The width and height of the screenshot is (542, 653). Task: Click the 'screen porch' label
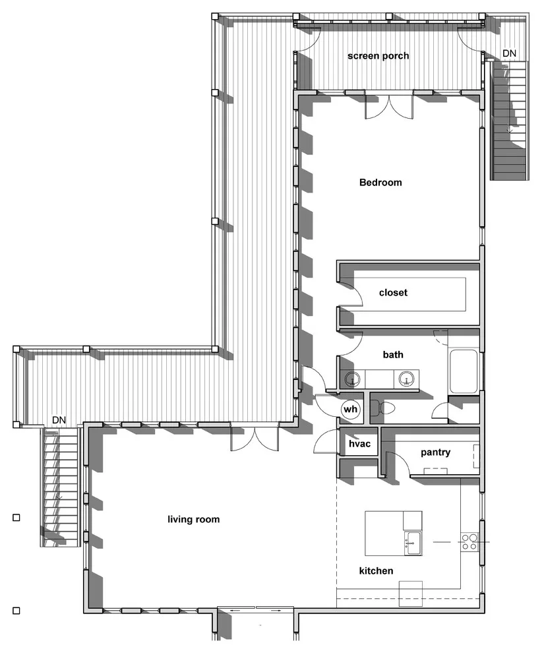(x=378, y=56)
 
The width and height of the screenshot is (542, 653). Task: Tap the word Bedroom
(x=380, y=183)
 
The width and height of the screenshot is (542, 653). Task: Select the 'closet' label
(x=393, y=293)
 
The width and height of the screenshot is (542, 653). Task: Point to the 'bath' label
(x=393, y=355)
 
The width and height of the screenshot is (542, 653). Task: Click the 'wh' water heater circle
(x=350, y=410)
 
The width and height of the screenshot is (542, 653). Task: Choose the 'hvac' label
(x=359, y=444)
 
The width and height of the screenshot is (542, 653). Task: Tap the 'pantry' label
(x=435, y=452)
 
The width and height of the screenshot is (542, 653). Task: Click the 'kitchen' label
(x=376, y=571)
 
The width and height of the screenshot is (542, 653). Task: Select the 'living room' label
(x=194, y=519)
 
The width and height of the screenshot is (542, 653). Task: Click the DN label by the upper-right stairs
(x=509, y=53)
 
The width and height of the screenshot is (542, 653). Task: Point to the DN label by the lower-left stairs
(x=59, y=420)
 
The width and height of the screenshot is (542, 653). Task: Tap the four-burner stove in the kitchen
(x=469, y=542)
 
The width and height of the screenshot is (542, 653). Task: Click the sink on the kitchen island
(x=413, y=543)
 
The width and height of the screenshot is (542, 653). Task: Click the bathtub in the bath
(x=464, y=371)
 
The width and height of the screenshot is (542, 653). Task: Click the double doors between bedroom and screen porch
(x=390, y=108)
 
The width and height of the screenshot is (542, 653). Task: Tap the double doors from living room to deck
(x=254, y=437)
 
